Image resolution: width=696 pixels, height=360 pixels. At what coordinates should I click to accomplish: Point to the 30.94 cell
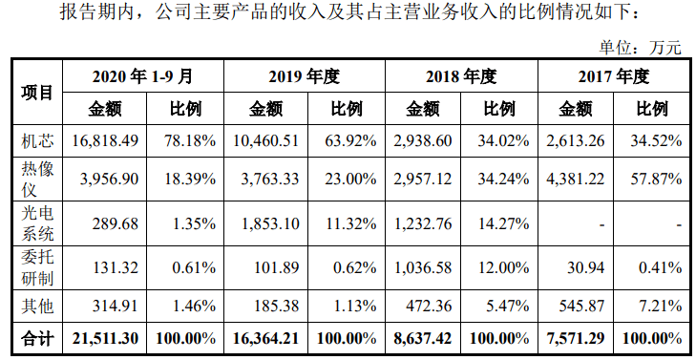pos(586,268)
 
